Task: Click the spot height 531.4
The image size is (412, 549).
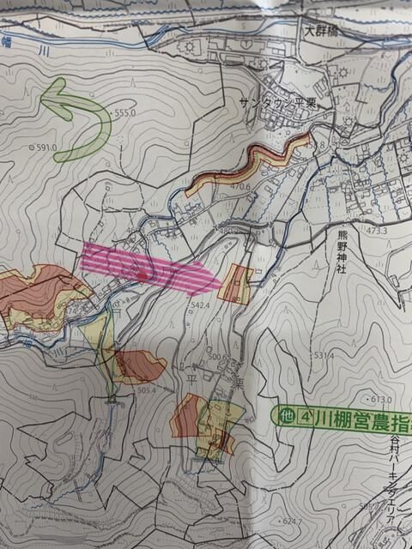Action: pos(323,354)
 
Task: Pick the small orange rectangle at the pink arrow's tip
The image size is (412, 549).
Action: pos(235,285)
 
